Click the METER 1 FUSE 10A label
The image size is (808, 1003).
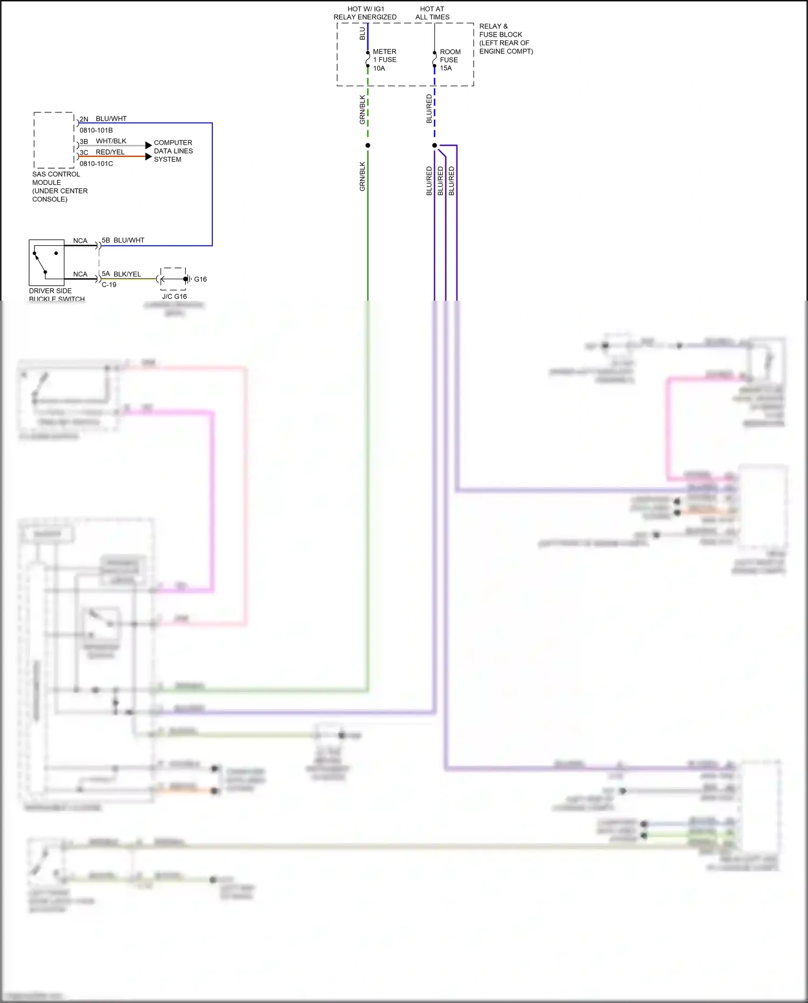385,60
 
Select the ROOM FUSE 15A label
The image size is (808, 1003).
450,60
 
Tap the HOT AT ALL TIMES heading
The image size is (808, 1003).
432,13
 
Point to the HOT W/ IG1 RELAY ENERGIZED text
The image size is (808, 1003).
365,13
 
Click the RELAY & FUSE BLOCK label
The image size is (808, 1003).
505,39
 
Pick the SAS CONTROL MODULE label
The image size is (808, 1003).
59,186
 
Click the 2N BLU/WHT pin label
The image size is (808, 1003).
103,119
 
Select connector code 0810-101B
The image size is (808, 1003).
96,130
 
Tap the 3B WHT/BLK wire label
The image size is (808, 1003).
103,141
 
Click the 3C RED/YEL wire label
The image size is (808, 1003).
102,152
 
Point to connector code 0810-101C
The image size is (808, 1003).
96,163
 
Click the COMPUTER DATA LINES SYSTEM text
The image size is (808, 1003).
173,151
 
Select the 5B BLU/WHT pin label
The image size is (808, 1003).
123,240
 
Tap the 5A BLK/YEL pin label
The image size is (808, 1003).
121,274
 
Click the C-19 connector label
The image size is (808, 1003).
109,285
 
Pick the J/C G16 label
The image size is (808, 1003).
174,296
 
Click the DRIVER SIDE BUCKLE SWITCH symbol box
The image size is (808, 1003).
46,262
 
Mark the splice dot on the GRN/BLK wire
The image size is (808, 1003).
368,146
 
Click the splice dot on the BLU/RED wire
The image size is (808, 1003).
435,146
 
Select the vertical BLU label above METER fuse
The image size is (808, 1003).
362,33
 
